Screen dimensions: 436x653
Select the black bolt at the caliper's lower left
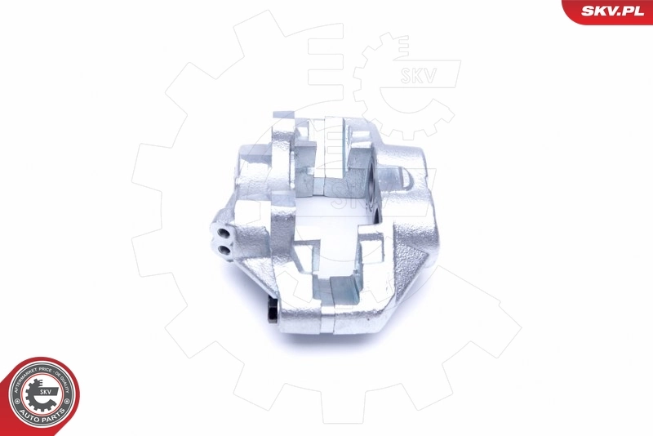pos(274,313)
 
